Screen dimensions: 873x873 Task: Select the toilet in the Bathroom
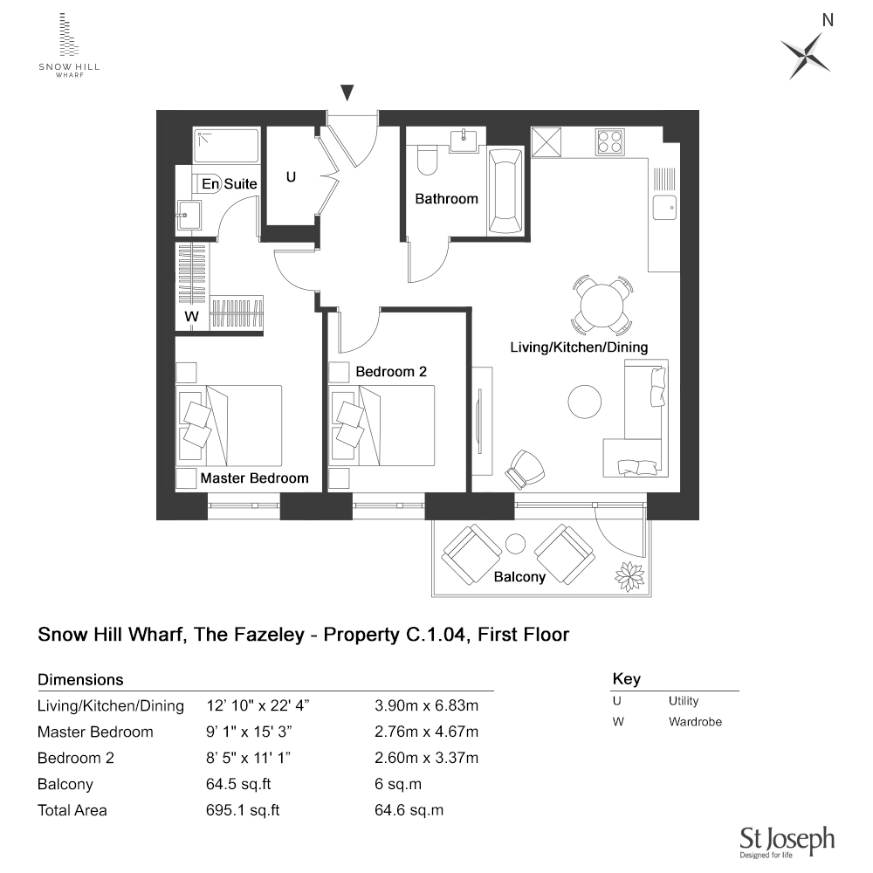tap(427, 161)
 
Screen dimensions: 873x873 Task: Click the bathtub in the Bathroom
tap(504, 190)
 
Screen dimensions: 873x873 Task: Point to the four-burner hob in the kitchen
tap(609, 141)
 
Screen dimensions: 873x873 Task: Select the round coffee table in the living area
tap(584, 402)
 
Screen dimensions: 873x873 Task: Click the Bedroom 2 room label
tap(391, 372)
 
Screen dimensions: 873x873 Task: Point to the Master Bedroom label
tap(254, 478)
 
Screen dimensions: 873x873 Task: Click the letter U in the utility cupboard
tap(291, 177)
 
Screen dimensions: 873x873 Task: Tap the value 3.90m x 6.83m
tap(426, 705)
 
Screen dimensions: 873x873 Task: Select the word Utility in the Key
tap(684, 701)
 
